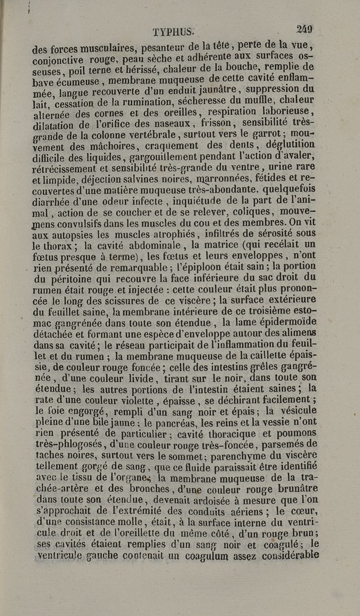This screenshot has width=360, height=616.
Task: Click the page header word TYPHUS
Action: coord(173,32)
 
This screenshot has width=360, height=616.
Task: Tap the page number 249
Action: coord(304,29)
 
